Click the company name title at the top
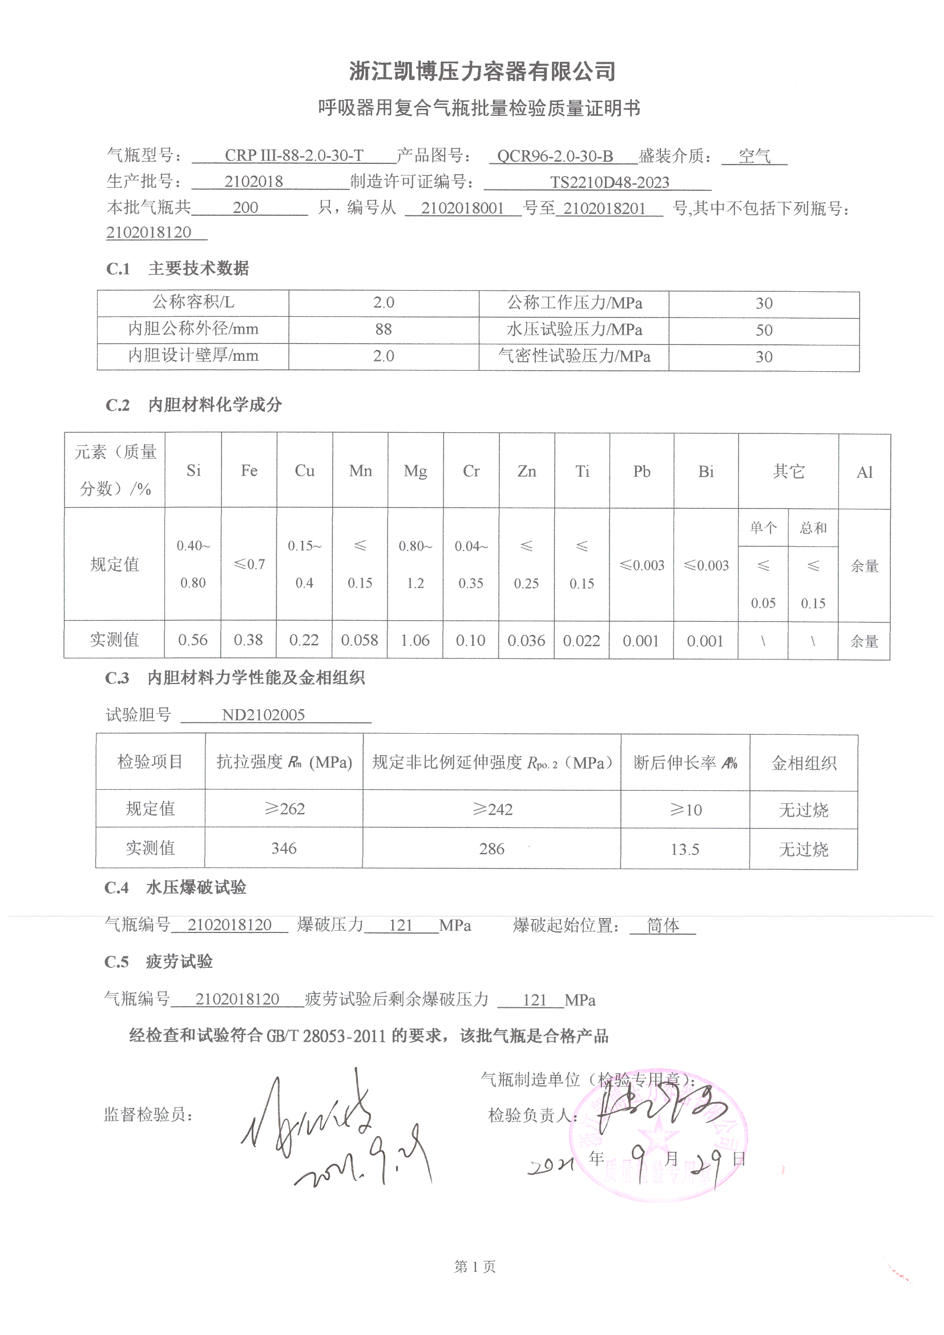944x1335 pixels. pyautogui.click(x=482, y=71)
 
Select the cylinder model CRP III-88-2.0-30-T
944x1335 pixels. pyautogui.click(x=293, y=156)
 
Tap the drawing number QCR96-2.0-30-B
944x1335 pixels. pyautogui.click(x=555, y=156)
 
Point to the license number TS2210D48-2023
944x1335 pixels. pyautogui.click(x=609, y=183)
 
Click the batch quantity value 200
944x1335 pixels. pyautogui.click(x=245, y=208)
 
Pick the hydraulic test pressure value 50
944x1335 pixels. pyautogui.click(x=763, y=330)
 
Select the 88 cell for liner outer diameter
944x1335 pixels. pyautogui.click(x=383, y=329)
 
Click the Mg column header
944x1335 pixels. pyautogui.click(x=415, y=471)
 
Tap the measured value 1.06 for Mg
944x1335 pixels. pyautogui.click(x=415, y=640)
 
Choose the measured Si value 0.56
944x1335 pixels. pyautogui.click(x=193, y=640)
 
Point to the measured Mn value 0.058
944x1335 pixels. pyautogui.click(x=359, y=640)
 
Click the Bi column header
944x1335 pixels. pyautogui.click(x=705, y=472)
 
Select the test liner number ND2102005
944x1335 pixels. pyautogui.click(x=263, y=714)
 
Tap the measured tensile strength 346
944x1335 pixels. pyautogui.click(x=284, y=849)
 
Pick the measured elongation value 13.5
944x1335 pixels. pyautogui.click(x=685, y=850)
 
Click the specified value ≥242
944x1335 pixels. pyautogui.click(x=492, y=809)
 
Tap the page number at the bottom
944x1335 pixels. pyautogui.click(x=474, y=1267)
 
